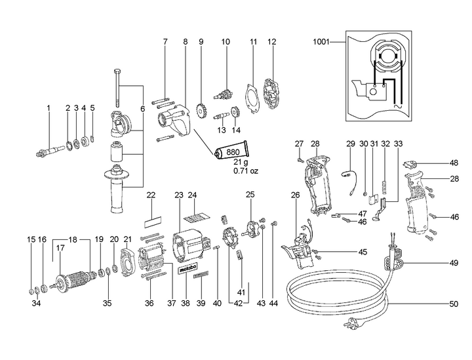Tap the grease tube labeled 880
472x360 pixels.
pyautogui.click(x=230, y=154)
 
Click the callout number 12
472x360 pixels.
pyautogui.click(x=270, y=42)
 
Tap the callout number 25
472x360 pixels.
pyautogui.click(x=249, y=195)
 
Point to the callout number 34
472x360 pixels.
pyautogui.click(x=37, y=304)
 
